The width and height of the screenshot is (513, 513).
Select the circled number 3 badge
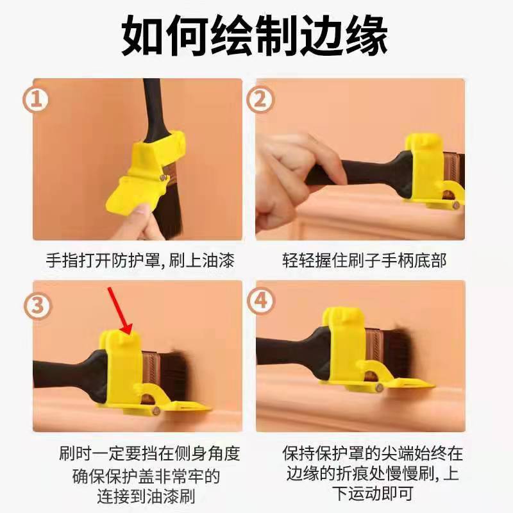(38, 306)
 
